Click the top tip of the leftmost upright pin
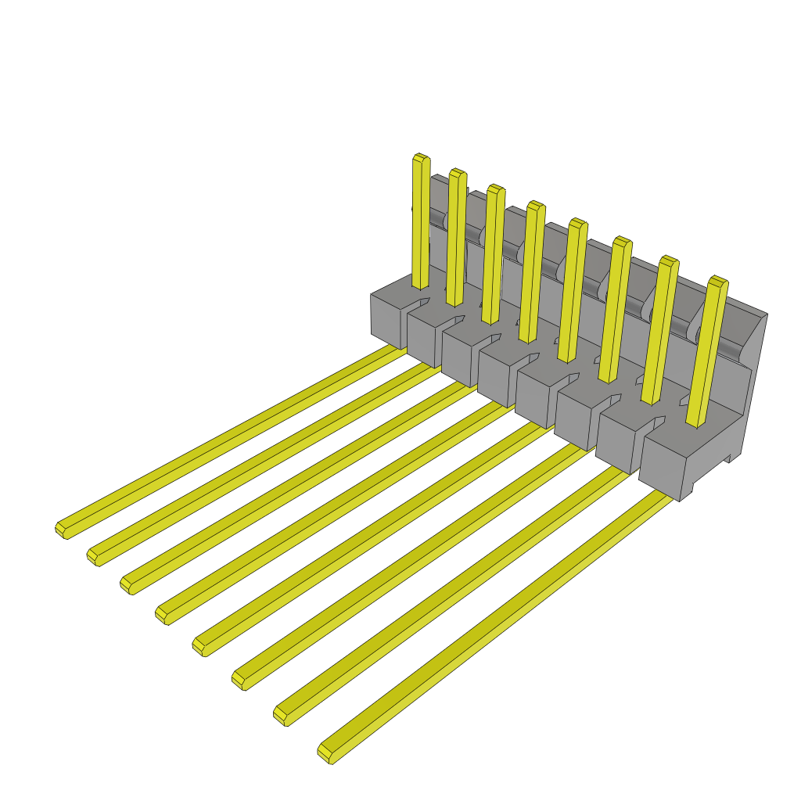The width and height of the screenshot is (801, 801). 421,159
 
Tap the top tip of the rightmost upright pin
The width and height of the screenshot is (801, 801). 718,282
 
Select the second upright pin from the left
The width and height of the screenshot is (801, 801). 456,235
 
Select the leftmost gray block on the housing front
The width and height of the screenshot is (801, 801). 388,317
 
